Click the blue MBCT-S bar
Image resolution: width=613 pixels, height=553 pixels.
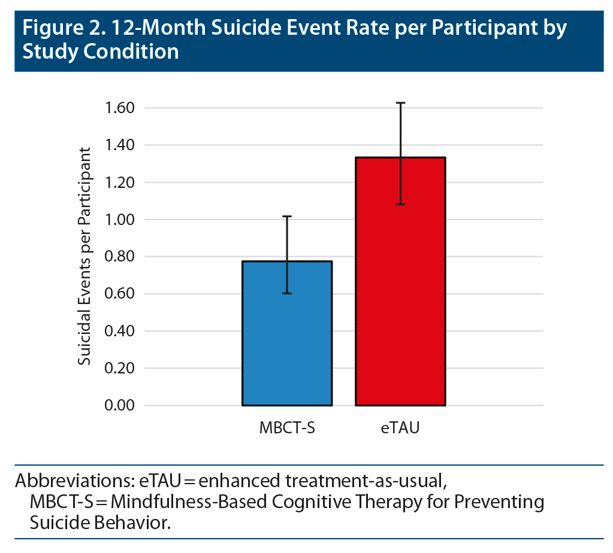(287, 333)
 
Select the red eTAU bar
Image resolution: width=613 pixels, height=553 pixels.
(400, 281)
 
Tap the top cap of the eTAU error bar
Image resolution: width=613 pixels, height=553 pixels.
(400, 103)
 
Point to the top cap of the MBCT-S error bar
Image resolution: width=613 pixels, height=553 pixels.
(287, 216)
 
